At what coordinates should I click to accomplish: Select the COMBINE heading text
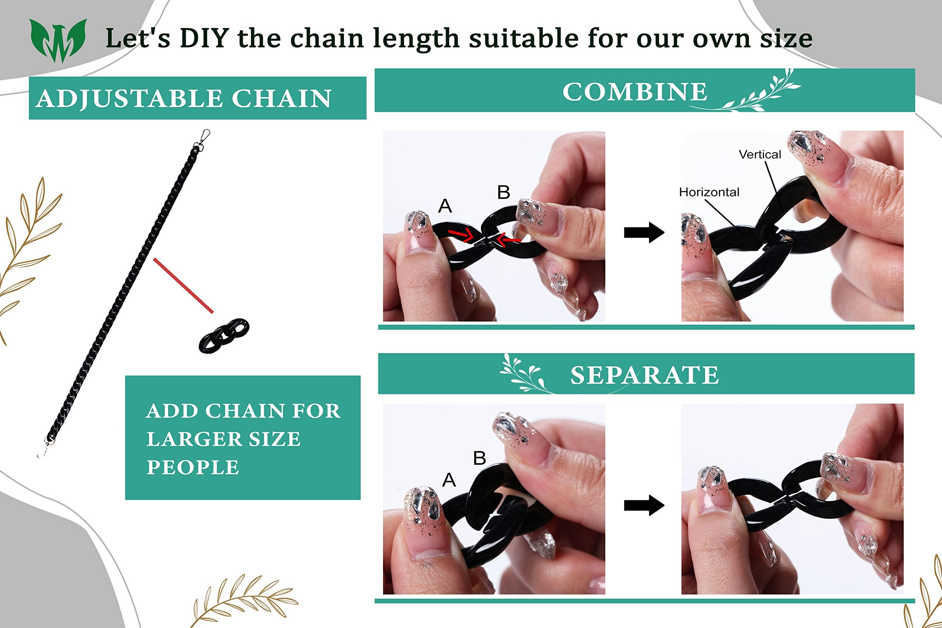pyautogui.click(x=635, y=92)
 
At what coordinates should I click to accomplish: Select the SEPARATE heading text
pyautogui.click(x=644, y=375)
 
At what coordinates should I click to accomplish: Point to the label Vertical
pyautogui.click(x=760, y=154)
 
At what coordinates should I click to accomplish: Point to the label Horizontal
pyautogui.click(x=709, y=192)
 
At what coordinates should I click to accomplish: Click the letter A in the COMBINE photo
pyautogui.click(x=445, y=206)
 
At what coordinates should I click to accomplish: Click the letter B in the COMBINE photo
pyautogui.click(x=503, y=192)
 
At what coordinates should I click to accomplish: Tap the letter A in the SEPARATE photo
pyautogui.click(x=449, y=480)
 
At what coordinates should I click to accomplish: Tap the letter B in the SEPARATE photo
pyautogui.click(x=479, y=458)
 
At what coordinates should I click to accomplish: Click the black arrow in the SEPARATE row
pyautogui.click(x=644, y=505)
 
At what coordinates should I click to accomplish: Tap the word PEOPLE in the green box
pyautogui.click(x=193, y=467)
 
